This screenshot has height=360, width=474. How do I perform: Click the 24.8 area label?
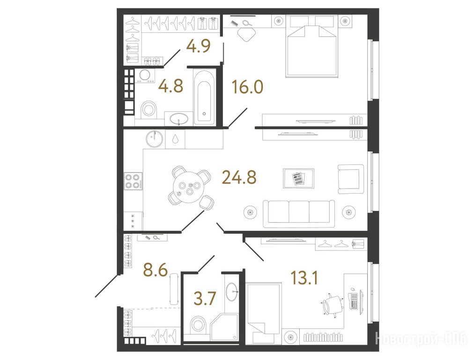(239, 177)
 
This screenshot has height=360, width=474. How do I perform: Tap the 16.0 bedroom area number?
(248, 87)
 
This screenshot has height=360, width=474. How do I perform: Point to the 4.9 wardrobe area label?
(198, 46)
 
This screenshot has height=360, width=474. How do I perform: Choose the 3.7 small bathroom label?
(205, 299)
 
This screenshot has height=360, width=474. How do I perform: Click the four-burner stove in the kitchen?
(133, 181)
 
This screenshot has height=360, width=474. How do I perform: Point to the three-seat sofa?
(299, 214)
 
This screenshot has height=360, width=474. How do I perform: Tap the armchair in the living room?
(351, 179)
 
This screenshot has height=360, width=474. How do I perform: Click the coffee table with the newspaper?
(298, 179)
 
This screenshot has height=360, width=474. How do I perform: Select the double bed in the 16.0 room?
(311, 46)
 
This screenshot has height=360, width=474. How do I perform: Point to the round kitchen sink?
(154, 139)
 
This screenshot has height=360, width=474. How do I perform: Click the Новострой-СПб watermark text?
(422, 338)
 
